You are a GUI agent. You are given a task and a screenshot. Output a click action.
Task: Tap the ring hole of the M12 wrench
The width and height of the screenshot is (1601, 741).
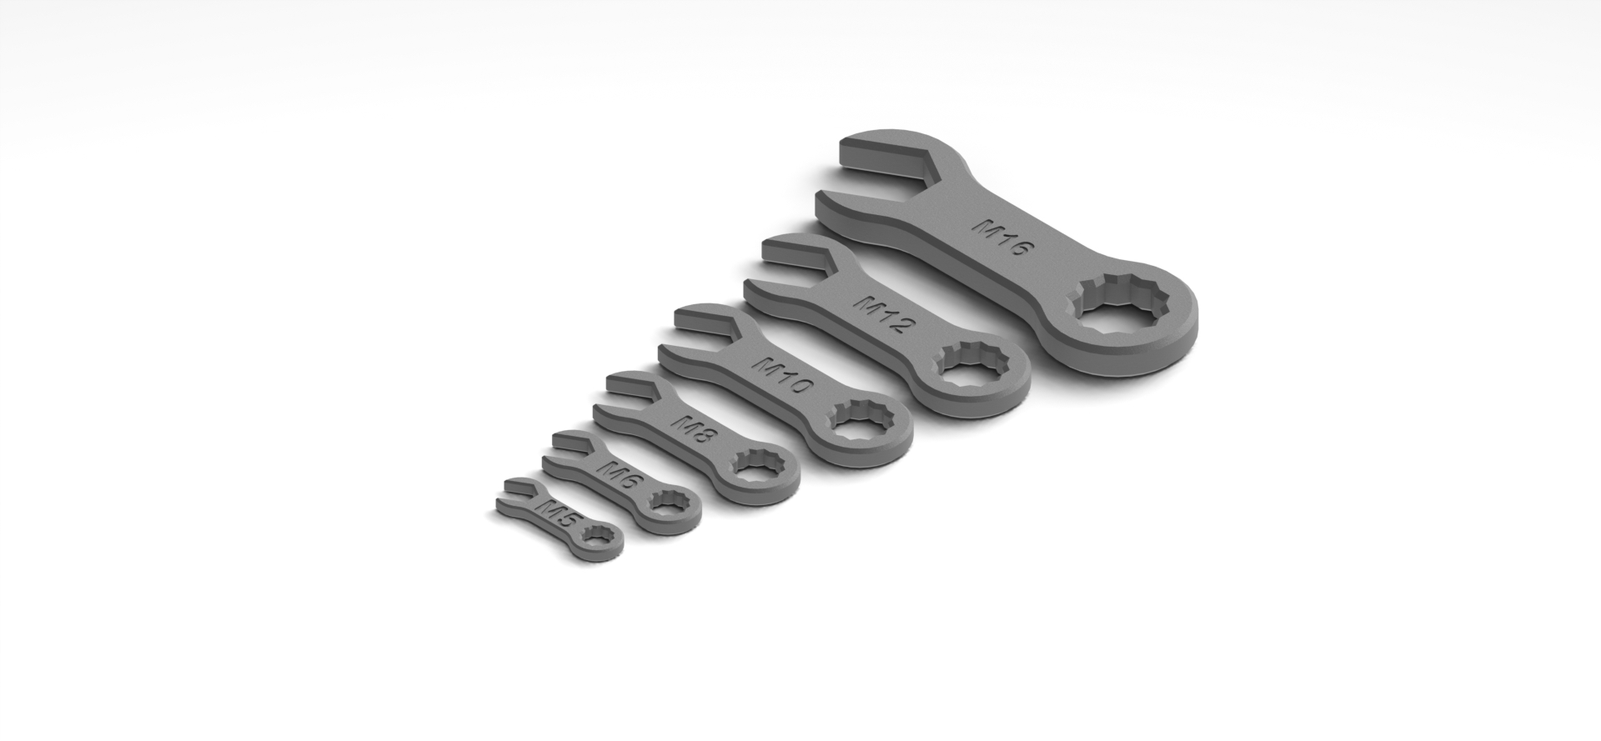coord(971,366)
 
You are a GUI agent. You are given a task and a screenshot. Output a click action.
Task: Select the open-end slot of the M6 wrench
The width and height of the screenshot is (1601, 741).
coord(570,448)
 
